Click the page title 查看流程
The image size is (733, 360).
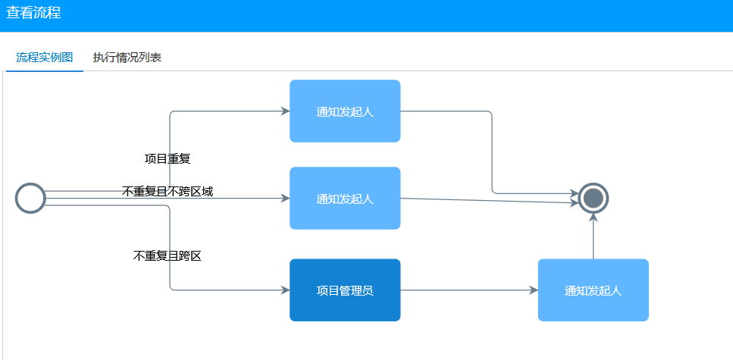[x=33, y=13]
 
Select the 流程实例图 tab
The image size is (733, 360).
[x=45, y=58]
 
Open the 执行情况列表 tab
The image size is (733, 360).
[x=127, y=58]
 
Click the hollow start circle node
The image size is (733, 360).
[x=30, y=199]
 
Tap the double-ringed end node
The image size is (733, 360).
[x=594, y=199]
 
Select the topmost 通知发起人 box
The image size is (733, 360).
[x=345, y=111]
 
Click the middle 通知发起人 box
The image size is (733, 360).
[x=345, y=199]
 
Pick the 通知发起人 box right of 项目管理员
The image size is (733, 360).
[x=593, y=290]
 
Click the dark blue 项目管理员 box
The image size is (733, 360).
[x=345, y=290]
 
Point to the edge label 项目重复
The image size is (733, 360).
[x=167, y=159]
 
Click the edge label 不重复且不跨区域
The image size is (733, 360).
[x=167, y=191]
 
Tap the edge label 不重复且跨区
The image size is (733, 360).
[x=167, y=256]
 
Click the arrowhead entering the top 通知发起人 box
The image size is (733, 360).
[x=285, y=111]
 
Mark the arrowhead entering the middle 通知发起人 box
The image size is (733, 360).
[x=285, y=199]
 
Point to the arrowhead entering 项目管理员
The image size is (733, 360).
[x=285, y=290]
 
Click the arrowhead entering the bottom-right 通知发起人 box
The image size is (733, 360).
[x=534, y=290]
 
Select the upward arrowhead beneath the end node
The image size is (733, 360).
[x=594, y=218]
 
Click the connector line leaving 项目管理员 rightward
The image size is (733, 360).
[x=466, y=290]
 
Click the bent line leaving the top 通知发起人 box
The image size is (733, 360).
[x=492, y=152]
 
